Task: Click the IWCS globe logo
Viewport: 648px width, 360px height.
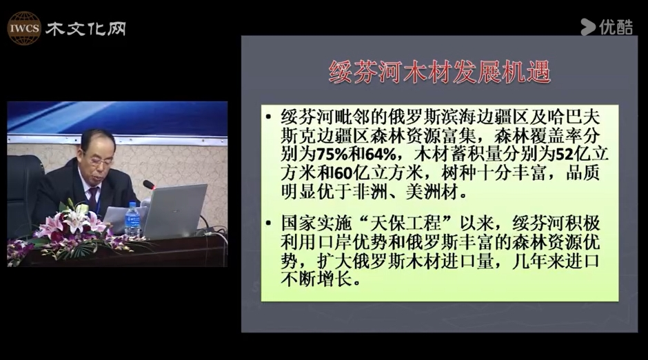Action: click(24, 28)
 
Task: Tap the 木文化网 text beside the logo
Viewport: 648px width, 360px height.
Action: click(85, 29)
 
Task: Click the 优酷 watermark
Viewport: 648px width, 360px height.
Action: click(607, 27)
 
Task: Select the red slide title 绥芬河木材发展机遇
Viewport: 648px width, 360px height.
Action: click(439, 72)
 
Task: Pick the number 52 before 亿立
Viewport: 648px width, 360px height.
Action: click(564, 154)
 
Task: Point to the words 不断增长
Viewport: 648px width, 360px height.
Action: click(316, 280)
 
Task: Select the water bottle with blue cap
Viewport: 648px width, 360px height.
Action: click(132, 219)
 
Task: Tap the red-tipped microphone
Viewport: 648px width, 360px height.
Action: click(149, 185)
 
